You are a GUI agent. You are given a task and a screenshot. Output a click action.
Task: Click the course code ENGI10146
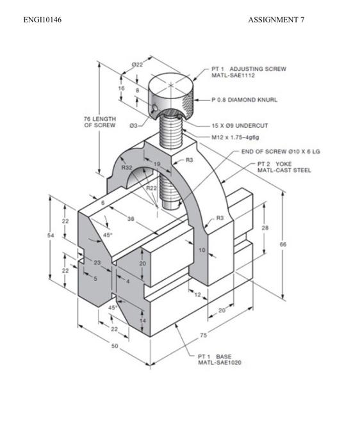click(42, 20)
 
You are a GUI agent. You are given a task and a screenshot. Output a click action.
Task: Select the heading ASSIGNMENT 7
click(276, 20)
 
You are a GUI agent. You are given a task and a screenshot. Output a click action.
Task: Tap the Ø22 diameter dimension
click(136, 65)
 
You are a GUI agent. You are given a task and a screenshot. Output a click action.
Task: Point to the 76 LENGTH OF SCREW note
click(99, 122)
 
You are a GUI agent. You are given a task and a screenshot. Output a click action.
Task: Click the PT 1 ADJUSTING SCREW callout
click(249, 72)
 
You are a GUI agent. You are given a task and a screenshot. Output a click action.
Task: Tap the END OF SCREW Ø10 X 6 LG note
click(280, 152)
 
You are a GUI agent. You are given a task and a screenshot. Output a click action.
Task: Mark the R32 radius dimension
click(127, 168)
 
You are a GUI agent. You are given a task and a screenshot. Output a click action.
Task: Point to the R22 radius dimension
click(151, 188)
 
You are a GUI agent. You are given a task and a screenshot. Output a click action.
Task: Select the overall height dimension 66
click(282, 244)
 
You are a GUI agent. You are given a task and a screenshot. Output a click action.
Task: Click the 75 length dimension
click(202, 335)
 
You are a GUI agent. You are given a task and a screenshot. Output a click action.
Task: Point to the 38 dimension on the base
click(131, 219)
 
